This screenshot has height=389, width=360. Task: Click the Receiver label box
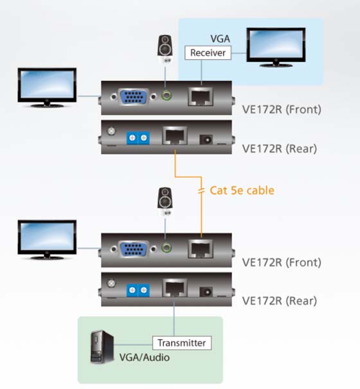[x=208, y=53]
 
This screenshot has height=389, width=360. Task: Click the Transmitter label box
[x=182, y=343]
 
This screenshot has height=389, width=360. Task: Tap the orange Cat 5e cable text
[x=242, y=190]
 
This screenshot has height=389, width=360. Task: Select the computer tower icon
[x=102, y=347]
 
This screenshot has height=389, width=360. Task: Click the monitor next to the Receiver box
[x=276, y=48]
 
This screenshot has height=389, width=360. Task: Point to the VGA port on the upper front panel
[x=134, y=96]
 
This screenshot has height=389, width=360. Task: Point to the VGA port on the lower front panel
[x=134, y=249]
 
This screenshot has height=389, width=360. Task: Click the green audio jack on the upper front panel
[x=166, y=95]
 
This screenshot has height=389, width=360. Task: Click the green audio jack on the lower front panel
[x=166, y=248]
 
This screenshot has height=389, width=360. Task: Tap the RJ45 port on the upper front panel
[x=201, y=96]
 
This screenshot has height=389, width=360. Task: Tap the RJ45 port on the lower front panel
[x=201, y=249]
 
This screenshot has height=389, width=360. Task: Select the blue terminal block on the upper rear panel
[x=138, y=138]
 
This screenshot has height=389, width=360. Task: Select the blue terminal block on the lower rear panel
[x=138, y=290]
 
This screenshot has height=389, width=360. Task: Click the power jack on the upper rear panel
[x=206, y=140]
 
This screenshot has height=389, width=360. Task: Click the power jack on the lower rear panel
[x=206, y=292]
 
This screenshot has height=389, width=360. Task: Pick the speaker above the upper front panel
[x=165, y=49]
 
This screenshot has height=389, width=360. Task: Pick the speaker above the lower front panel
[x=165, y=201]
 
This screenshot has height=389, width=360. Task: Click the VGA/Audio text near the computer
[x=145, y=357]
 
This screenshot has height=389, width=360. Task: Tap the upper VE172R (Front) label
[x=282, y=109]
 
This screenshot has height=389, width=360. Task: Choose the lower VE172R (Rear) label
[x=280, y=301]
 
